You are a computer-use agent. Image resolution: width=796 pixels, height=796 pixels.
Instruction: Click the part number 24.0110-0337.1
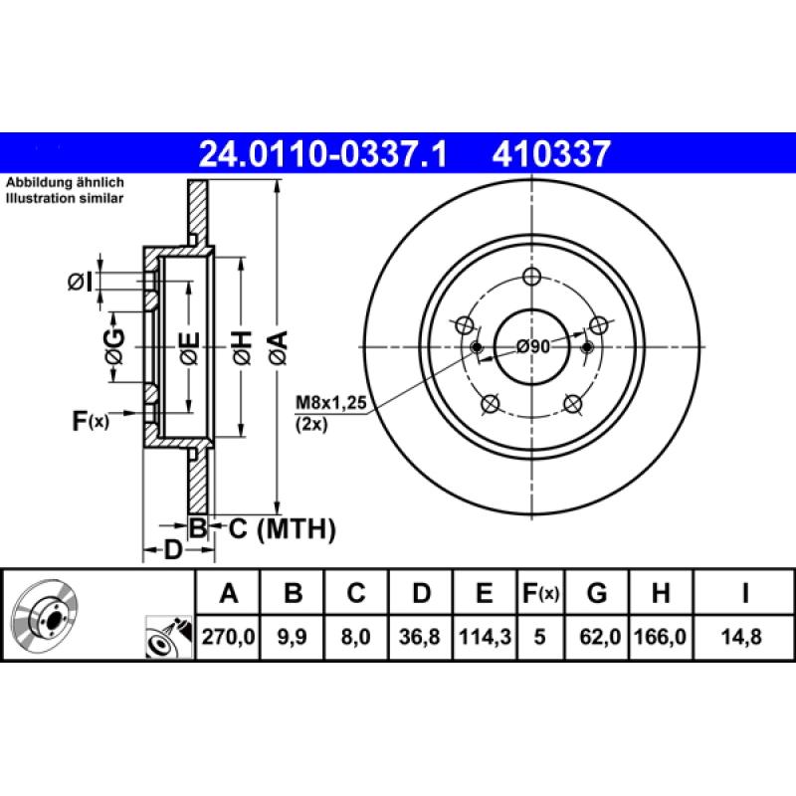click(x=324, y=154)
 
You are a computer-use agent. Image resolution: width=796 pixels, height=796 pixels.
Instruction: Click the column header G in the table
click(x=597, y=594)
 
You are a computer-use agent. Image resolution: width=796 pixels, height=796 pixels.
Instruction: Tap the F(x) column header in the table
click(x=541, y=594)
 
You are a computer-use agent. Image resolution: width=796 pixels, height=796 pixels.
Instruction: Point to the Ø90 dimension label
click(x=533, y=347)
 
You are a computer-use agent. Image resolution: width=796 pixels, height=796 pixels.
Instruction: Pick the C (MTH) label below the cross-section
click(x=283, y=528)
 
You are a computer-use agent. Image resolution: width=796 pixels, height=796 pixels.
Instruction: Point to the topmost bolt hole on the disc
click(x=530, y=278)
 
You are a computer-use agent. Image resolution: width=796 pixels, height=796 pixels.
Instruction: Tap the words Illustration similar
click(x=66, y=199)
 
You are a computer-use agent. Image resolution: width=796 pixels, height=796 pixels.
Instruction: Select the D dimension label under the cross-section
click(x=172, y=549)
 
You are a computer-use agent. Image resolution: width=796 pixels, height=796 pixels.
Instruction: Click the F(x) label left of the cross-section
click(x=90, y=421)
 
